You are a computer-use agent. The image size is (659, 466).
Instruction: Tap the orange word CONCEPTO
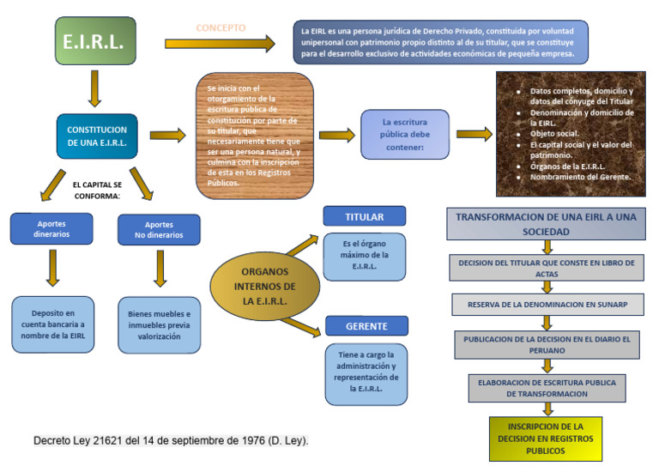tap(221, 27)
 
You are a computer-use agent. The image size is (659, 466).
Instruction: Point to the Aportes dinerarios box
tap(52, 227)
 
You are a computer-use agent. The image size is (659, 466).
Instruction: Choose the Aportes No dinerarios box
tap(159, 229)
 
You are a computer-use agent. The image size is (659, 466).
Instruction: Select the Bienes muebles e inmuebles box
tap(159, 325)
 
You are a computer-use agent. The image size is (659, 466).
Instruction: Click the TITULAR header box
tap(365, 216)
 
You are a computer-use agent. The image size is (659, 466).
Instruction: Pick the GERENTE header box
tap(366, 326)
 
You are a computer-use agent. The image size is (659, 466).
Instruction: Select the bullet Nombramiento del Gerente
tap(580, 177)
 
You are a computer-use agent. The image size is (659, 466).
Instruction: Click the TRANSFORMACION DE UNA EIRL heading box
tap(546, 224)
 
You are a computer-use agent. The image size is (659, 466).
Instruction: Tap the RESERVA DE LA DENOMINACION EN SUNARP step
tap(547, 305)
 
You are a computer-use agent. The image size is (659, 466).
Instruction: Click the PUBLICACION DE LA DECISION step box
tap(547, 345)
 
